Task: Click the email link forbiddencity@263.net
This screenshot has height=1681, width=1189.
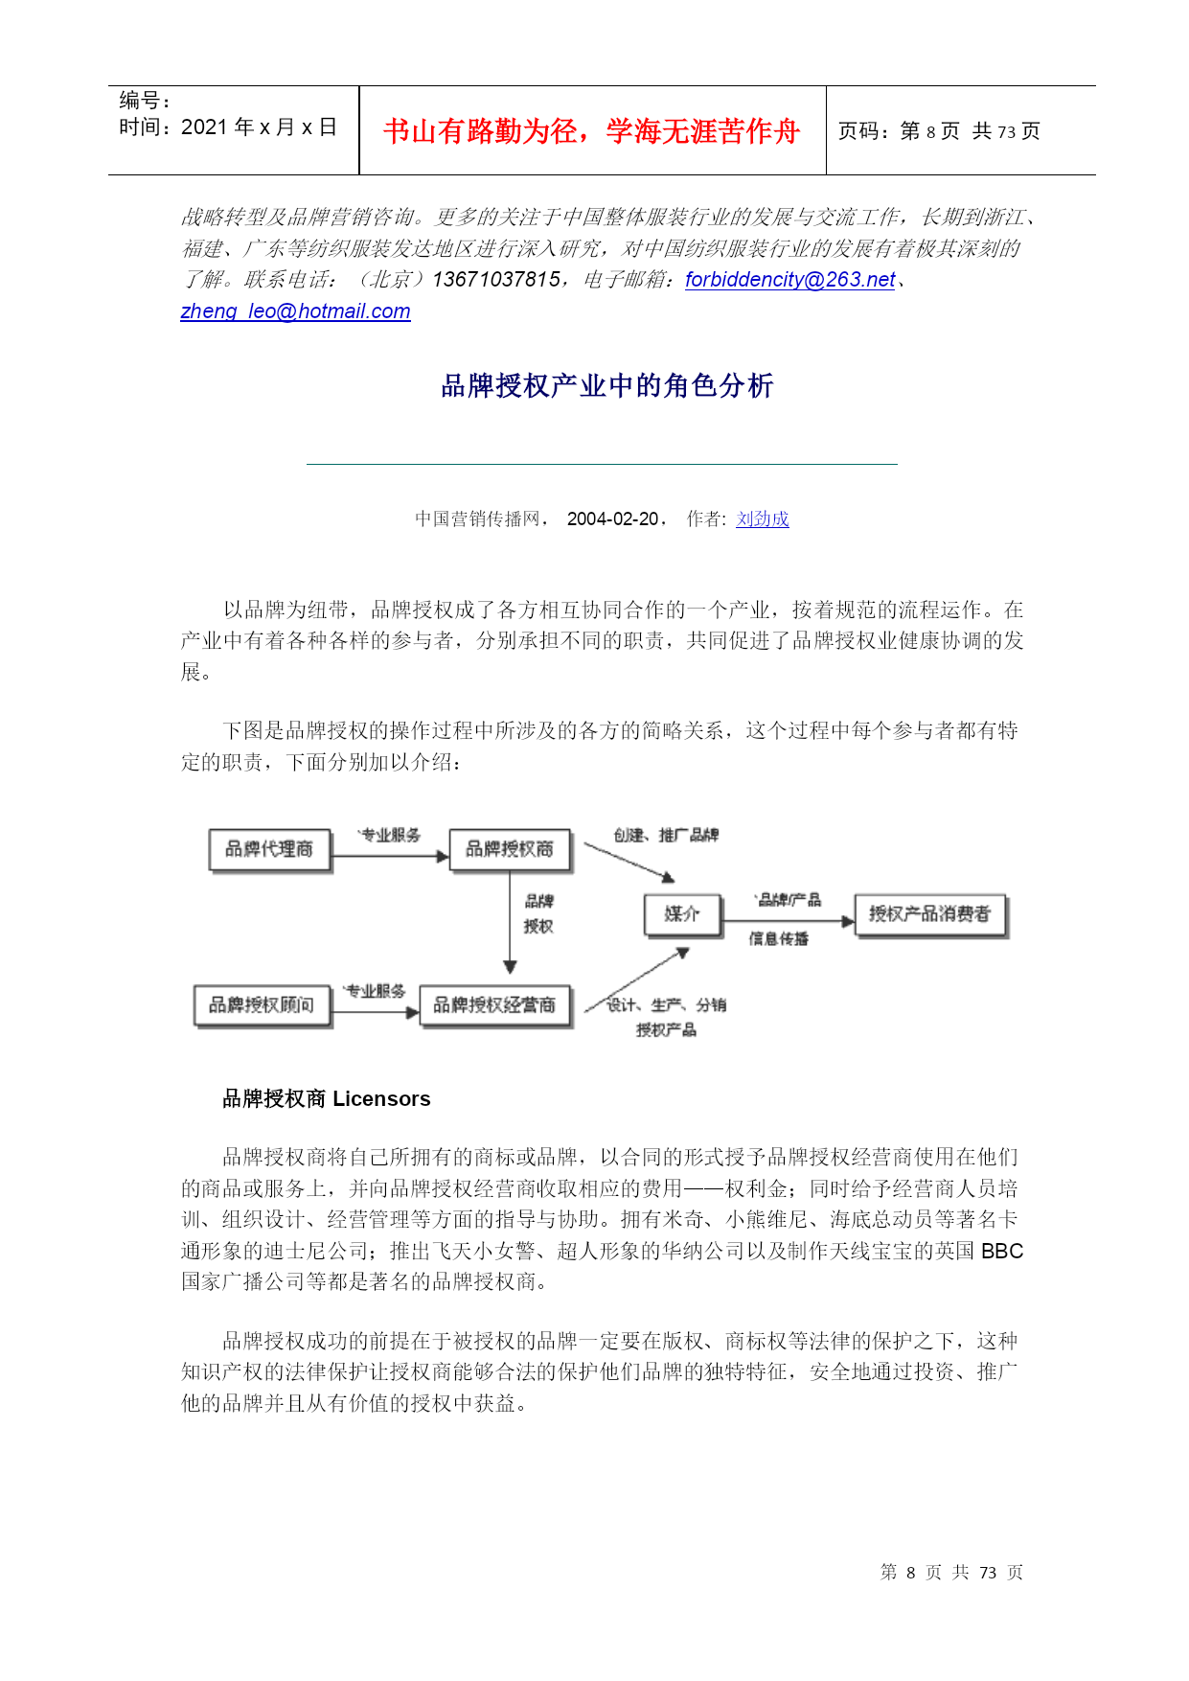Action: tap(789, 279)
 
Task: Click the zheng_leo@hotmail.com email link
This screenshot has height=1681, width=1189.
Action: tap(295, 311)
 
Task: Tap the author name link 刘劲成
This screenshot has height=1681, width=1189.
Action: tap(762, 518)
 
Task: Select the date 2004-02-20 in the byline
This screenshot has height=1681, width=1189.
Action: tap(612, 518)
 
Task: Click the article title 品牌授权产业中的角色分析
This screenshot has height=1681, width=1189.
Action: tap(606, 385)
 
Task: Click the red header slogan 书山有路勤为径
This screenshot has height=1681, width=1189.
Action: tap(591, 130)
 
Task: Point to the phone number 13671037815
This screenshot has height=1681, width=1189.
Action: tap(496, 279)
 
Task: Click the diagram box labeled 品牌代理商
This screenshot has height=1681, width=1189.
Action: tap(269, 849)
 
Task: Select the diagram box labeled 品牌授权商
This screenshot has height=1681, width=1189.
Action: tap(510, 849)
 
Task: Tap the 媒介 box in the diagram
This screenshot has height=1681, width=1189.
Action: tap(681, 913)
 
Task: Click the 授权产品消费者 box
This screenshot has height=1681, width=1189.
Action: tap(929, 913)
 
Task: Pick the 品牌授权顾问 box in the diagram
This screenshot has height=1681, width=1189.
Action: tap(262, 1004)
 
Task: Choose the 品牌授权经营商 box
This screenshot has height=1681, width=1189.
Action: tap(494, 1004)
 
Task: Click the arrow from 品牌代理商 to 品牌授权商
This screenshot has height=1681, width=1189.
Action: tap(390, 856)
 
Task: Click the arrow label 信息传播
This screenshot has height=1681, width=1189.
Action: tap(778, 939)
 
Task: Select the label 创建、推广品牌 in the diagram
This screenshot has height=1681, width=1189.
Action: tap(666, 835)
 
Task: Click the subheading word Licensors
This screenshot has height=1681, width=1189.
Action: tap(381, 1098)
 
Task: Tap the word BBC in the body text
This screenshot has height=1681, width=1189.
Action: tap(1001, 1251)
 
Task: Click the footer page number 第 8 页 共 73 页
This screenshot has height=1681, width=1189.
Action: tap(951, 1572)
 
